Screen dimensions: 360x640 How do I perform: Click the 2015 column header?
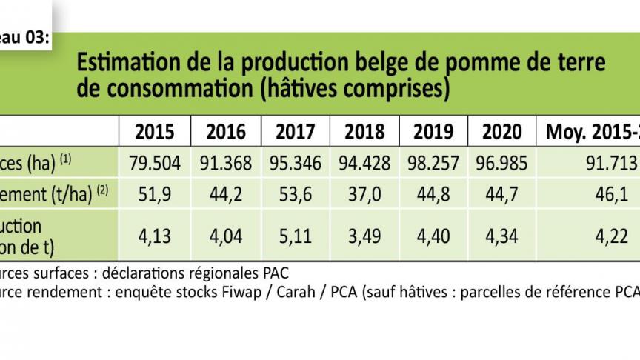155,132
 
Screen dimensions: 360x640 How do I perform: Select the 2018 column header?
364,132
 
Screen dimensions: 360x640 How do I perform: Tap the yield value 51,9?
155,194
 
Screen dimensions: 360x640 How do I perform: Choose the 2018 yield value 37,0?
364,194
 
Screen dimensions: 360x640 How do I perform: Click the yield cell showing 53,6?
294,194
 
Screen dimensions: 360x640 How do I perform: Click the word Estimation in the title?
121,62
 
